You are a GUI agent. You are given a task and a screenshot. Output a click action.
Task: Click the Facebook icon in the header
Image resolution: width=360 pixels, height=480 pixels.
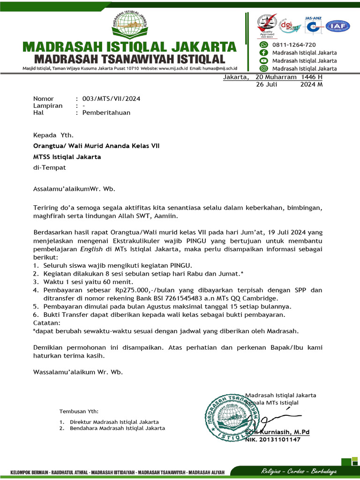point(264,52)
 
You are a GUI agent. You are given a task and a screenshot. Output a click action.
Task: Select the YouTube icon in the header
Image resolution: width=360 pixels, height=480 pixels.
point(264,60)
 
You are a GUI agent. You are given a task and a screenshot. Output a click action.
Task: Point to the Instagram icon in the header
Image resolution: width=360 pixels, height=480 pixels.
point(264,68)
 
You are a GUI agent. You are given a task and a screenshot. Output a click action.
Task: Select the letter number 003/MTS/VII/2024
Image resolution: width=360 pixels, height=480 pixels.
point(111,99)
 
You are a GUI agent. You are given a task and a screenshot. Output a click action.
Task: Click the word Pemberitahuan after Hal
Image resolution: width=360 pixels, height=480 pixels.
point(106,112)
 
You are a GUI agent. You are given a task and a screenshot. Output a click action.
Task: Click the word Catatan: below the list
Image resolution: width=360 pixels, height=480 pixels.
point(47,323)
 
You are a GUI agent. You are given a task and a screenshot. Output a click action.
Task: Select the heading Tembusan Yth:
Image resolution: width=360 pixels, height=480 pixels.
point(79,412)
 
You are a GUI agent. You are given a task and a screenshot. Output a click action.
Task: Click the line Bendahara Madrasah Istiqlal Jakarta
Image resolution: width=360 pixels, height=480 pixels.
point(117,428)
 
